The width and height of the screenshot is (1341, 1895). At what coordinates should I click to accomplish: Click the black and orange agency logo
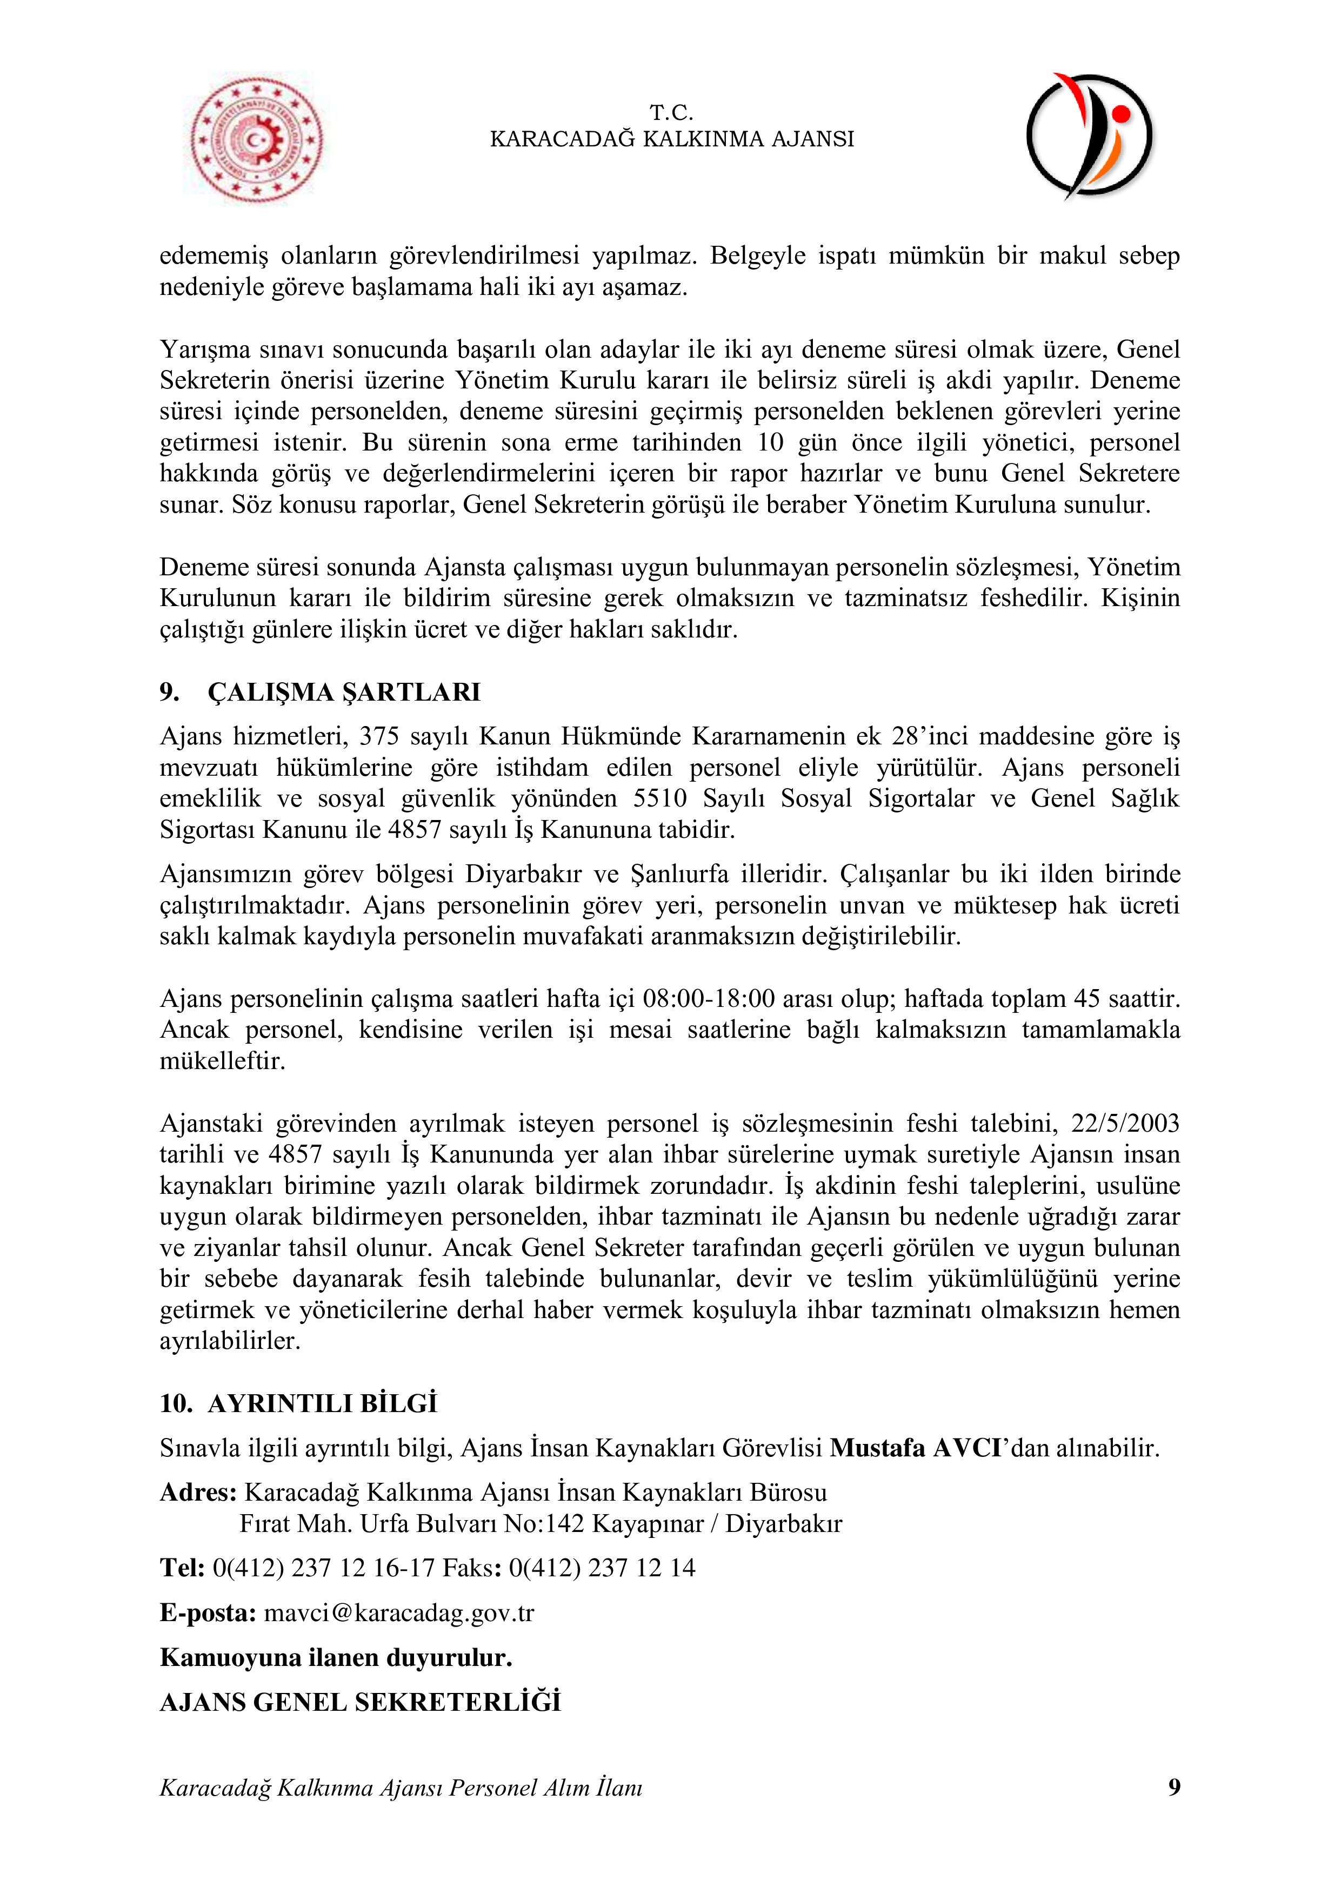(1089, 136)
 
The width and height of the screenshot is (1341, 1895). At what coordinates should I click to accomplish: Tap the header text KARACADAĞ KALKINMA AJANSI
(671, 139)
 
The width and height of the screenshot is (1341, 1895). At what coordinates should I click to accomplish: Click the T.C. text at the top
(671, 112)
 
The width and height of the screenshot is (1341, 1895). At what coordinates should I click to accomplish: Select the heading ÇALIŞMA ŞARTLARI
(344, 691)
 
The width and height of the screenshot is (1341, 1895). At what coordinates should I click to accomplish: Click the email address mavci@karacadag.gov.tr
(399, 1612)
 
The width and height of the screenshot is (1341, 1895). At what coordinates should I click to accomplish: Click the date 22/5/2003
(1125, 1123)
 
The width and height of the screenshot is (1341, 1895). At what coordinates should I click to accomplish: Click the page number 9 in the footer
(1173, 1787)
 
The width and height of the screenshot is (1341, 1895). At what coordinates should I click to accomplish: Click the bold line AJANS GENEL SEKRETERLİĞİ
(360, 1702)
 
